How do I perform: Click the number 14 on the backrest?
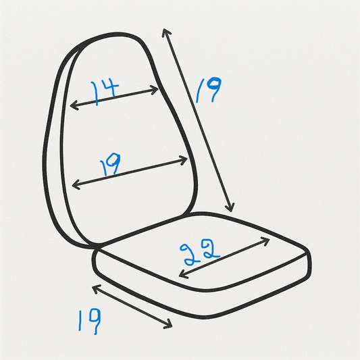105,92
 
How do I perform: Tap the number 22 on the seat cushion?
200,252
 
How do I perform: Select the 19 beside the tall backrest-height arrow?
209,90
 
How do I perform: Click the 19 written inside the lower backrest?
110,164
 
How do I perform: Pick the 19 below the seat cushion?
90,321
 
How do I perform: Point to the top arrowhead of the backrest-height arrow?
166,32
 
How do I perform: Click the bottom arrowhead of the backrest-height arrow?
230,207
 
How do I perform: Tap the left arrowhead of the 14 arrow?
74,106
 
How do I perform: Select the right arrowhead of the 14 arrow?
154,90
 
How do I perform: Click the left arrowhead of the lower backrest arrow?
76,184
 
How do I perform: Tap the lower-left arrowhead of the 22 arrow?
183,274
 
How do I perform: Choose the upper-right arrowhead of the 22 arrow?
265,241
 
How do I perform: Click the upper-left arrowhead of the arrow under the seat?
96,288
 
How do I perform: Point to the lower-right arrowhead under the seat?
168,324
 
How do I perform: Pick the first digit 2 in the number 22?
188,255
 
